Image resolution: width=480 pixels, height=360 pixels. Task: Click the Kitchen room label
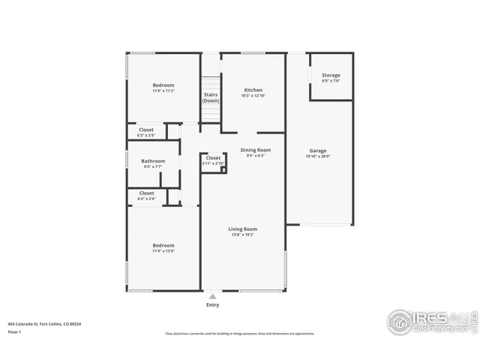[x=252, y=89]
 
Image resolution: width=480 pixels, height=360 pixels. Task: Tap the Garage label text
[x=318, y=151]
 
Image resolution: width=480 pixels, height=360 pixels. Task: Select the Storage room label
[x=331, y=76]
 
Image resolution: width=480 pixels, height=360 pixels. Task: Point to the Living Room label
[x=242, y=229]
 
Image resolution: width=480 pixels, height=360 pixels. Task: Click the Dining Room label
[x=255, y=150]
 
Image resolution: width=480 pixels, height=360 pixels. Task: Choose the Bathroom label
[x=153, y=161]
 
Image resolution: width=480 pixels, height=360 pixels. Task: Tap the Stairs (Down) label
[x=211, y=97]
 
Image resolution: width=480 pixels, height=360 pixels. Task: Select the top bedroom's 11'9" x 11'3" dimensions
[x=163, y=91]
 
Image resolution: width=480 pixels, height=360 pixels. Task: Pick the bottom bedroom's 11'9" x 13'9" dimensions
[x=163, y=251]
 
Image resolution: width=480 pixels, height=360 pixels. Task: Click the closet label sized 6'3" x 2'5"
[x=146, y=136]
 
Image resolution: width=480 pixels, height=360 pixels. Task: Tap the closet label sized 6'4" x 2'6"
[x=146, y=199]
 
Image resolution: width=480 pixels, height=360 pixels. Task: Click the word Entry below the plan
[x=213, y=305]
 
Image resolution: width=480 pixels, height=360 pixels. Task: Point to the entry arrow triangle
[x=213, y=297]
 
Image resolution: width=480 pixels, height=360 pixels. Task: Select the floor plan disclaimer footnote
[x=240, y=334]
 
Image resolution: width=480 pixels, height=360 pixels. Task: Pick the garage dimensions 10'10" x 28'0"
[x=318, y=157]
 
